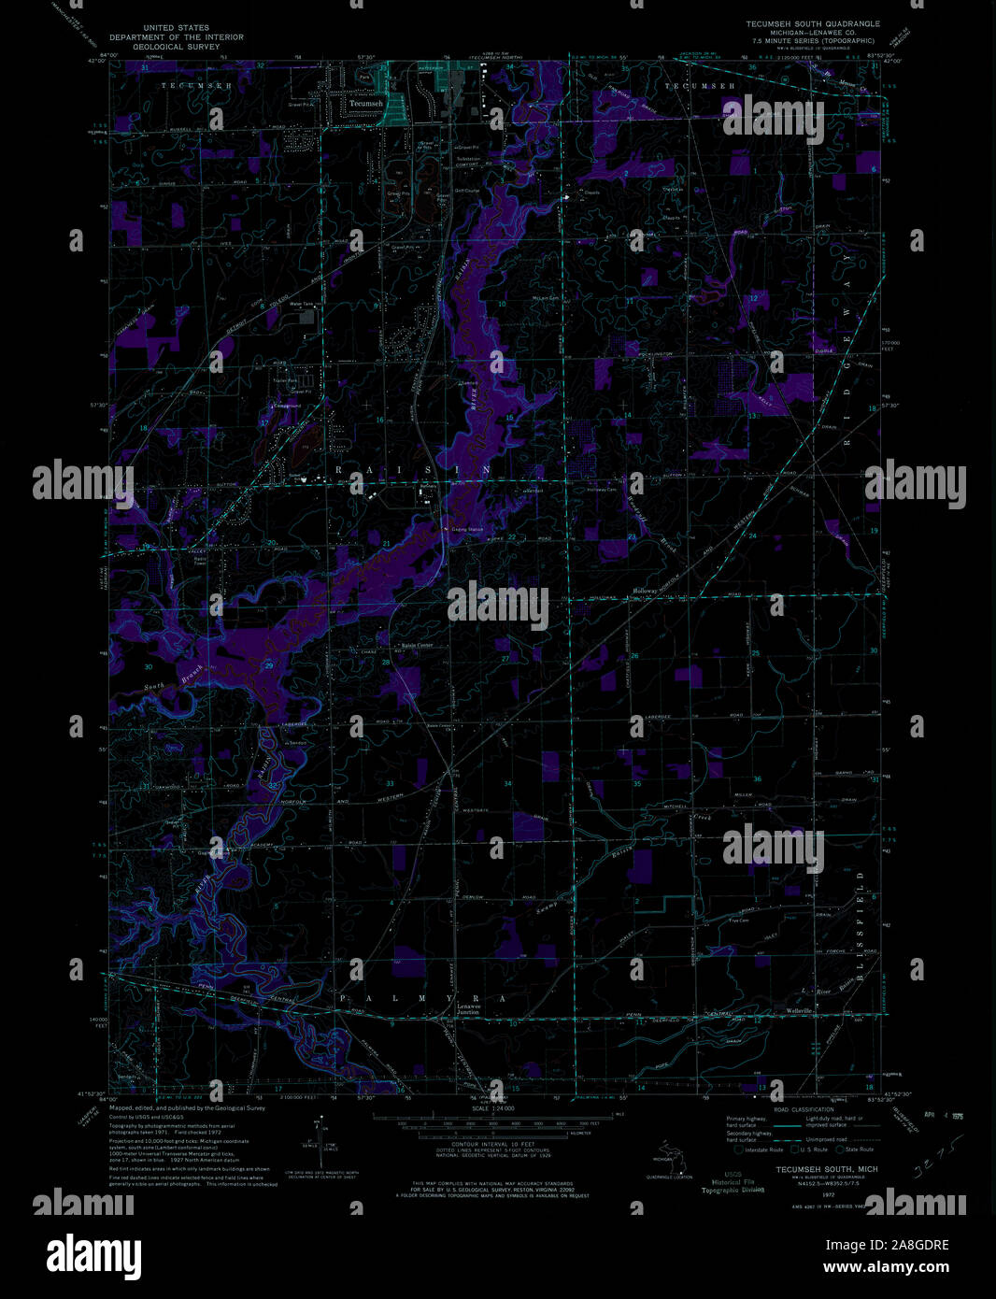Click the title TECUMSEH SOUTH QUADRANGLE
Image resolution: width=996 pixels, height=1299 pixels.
coord(811,23)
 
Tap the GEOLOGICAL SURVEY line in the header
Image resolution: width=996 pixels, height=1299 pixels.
coord(176,46)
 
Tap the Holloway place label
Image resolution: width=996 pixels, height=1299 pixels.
coord(646,591)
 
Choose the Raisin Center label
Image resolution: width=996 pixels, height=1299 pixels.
coord(417,646)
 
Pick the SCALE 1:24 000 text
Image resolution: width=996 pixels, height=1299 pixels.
coord(493,1108)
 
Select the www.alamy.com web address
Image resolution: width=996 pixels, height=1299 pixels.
coord(895,1267)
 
